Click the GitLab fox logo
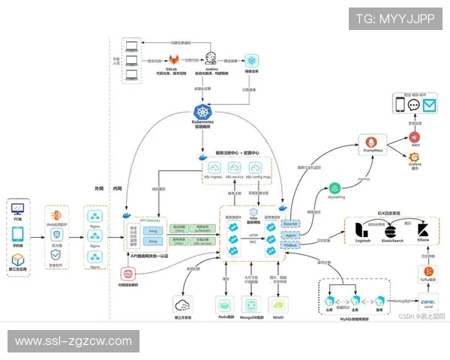(x=174, y=59)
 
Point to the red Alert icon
(x=414, y=137)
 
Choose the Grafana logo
(x=414, y=158)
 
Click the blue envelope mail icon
(x=429, y=105)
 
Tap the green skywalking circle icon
(x=334, y=187)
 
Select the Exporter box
(x=291, y=223)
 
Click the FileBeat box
(x=291, y=244)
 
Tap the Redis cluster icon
(x=224, y=304)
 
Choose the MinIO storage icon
(x=277, y=304)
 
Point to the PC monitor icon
(x=18, y=209)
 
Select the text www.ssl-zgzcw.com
(x=73, y=341)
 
